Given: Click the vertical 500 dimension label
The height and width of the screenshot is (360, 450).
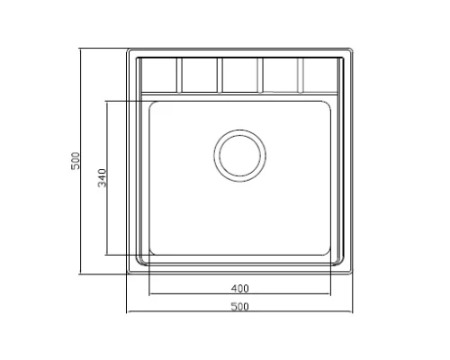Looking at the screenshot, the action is click(76, 161).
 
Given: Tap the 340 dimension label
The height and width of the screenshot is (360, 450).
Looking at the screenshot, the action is click(102, 178).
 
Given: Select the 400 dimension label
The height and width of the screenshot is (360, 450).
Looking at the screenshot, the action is click(240, 289).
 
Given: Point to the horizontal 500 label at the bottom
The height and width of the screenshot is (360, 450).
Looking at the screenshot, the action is click(240, 307).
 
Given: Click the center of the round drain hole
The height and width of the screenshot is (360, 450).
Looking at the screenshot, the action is click(239, 156).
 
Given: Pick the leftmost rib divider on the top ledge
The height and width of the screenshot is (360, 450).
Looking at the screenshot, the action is click(179, 75).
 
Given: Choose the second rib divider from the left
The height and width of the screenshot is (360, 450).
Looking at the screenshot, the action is click(220, 75).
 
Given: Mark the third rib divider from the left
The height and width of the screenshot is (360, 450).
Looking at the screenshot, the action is click(260, 75).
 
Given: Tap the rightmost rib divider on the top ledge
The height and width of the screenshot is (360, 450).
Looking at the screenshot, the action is click(301, 75).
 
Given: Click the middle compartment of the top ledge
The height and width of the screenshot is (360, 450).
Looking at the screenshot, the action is click(240, 75).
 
